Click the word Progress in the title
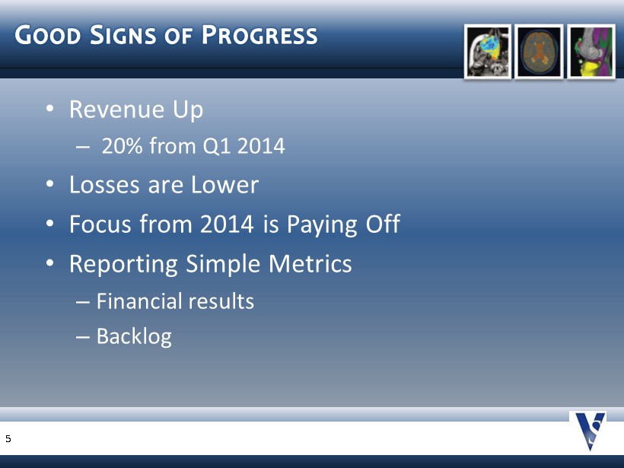click(259, 35)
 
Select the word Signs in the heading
click(123, 35)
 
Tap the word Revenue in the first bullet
click(116, 109)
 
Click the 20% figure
click(123, 145)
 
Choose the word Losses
click(104, 185)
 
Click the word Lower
click(224, 185)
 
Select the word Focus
click(100, 224)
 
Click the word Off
click(383, 223)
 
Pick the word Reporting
click(123, 264)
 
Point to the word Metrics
click(310, 263)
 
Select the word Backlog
click(134, 337)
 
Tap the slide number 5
click(8, 439)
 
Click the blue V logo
click(590, 431)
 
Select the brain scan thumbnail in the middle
click(539, 52)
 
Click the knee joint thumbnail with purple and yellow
click(591, 52)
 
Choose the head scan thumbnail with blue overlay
click(488, 52)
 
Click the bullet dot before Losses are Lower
click(49, 184)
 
